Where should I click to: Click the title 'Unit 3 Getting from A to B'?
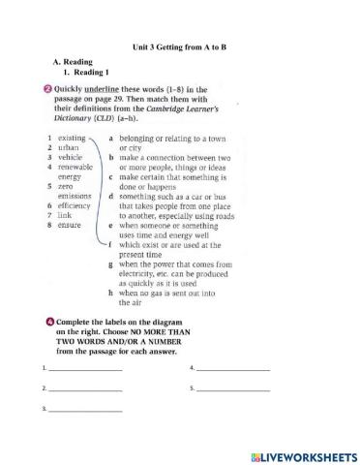click(x=179, y=46)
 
